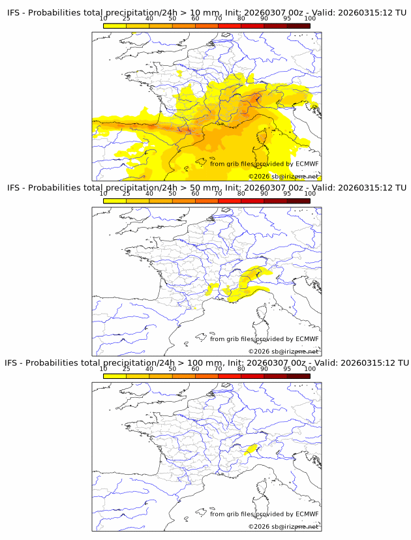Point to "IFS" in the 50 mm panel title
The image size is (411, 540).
coord(14,188)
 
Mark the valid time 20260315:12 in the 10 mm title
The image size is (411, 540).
coord(366,13)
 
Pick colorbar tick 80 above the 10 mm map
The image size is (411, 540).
coord(241,19)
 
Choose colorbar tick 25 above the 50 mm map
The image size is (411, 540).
coord(126,194)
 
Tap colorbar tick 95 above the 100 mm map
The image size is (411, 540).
coord(287,368)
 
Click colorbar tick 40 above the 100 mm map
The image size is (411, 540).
coord(149,368)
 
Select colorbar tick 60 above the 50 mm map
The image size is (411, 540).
coord(195,194)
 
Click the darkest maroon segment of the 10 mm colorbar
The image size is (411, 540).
coord(298,25)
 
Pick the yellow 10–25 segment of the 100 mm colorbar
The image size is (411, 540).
coord(115,375)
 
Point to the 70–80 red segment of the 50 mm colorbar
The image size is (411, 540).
coord(230,200)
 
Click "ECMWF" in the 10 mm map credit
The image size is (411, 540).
coord(307,164)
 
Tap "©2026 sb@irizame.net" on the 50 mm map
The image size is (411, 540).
coord(283,352)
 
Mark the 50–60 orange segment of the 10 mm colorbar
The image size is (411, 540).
coord(183,25)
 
